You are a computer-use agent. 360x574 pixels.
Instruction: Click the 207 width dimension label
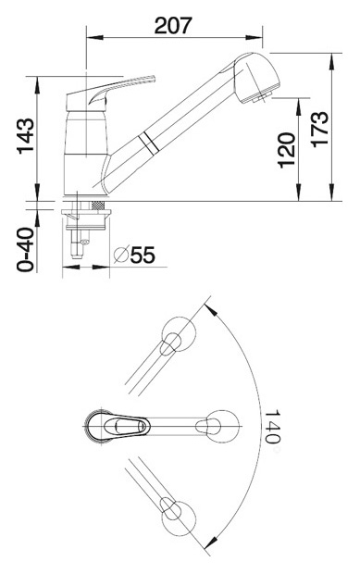coord(173,25)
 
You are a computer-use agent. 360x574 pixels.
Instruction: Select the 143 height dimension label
coord(26,135)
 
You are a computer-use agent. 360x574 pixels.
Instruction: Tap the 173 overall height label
coord(320,130)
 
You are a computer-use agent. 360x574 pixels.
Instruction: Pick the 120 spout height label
coord(286,150)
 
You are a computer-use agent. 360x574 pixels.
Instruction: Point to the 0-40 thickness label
coord(25,250)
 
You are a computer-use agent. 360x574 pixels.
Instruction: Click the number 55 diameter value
coord(143,255)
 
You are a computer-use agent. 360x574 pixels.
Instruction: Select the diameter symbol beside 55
coord(121,255)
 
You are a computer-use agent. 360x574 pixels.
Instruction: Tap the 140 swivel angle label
coord(272,426)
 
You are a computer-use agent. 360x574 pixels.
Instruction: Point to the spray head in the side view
coord(256,79)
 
